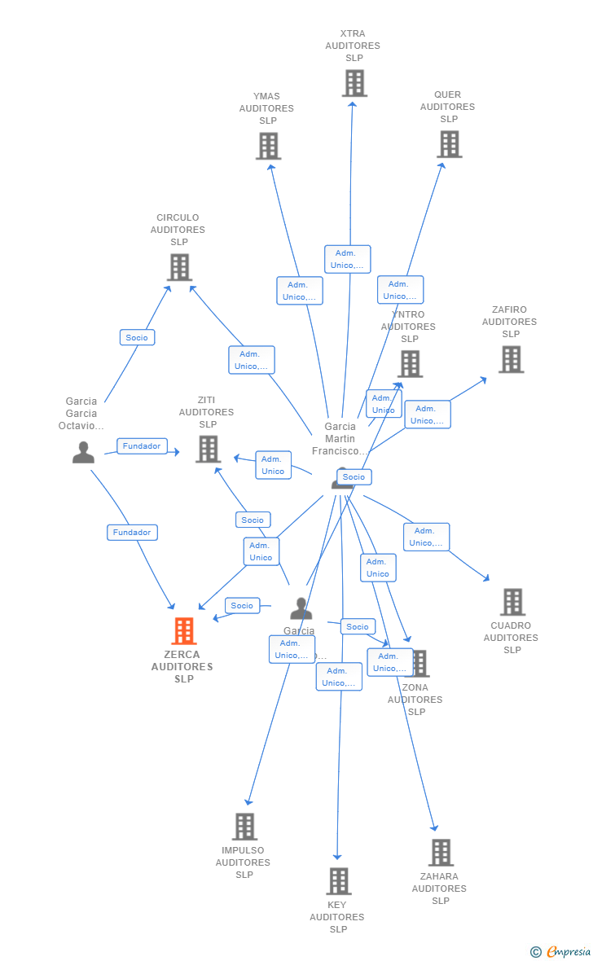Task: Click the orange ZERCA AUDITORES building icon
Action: click(184, 630)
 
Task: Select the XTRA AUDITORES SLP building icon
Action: click(354, 83)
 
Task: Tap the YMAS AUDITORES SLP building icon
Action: click(268, 146)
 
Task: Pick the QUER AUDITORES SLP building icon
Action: click(449, 144)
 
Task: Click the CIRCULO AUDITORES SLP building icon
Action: click(179, 267)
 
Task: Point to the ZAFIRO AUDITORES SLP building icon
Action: click(511, 359)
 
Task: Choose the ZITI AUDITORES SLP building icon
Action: click(209, 449)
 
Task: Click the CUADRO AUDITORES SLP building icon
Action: click(512, 602)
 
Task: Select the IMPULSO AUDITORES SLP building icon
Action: click(244, 827)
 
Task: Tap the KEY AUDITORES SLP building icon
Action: click(339, 880)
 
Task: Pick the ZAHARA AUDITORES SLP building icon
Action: click(441, 853)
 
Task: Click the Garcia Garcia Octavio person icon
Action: click(83, 453)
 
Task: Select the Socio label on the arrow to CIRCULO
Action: click(137, 337)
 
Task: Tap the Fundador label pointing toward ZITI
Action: click(142, 446)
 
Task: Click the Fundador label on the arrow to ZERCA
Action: click(132, 533)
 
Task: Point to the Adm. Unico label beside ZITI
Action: click(273, 465)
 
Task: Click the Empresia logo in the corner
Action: click(561, 951)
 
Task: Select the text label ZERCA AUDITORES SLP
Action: click(182, 667)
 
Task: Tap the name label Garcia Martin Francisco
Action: click(340, 439)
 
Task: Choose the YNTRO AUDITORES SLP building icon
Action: click(410, 364)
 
